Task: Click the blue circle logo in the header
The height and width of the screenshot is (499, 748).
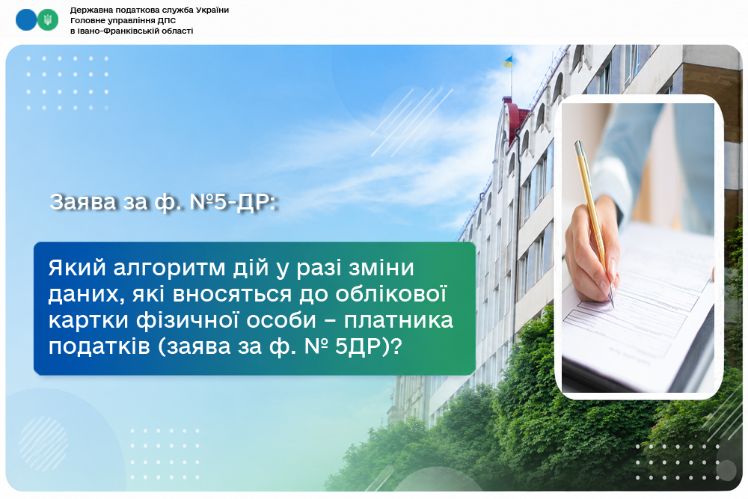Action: pyautogui.click(x=26, y=20)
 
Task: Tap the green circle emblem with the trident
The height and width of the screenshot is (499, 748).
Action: pyautogui.click(x=48, y=20)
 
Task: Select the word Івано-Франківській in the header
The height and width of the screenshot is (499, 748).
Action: pyautogui.click(x=112, y=31)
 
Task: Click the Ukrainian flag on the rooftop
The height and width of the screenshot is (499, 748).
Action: pyautogui.click(x=508, y=61)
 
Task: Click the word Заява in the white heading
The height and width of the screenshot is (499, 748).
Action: pyautogui.click(x=83, y=202)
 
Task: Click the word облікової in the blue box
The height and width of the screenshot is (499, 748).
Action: pyautogui.click(x=390, y=294)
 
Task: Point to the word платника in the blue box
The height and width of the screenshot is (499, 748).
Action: pyautogui.click(x=399, y=320)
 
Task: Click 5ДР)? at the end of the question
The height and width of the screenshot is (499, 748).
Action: pyautogui.click(x=367, y=346)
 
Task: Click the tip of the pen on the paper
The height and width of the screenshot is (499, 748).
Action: pyautogui.click(x=612, y=304)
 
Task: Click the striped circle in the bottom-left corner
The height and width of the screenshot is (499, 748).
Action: pyautogui.click(x=43, y=444)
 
